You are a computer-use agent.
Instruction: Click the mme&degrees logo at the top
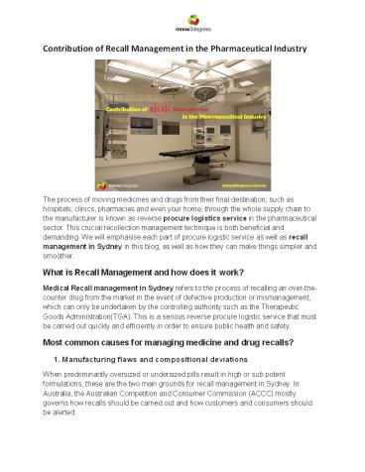click(182, 21)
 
